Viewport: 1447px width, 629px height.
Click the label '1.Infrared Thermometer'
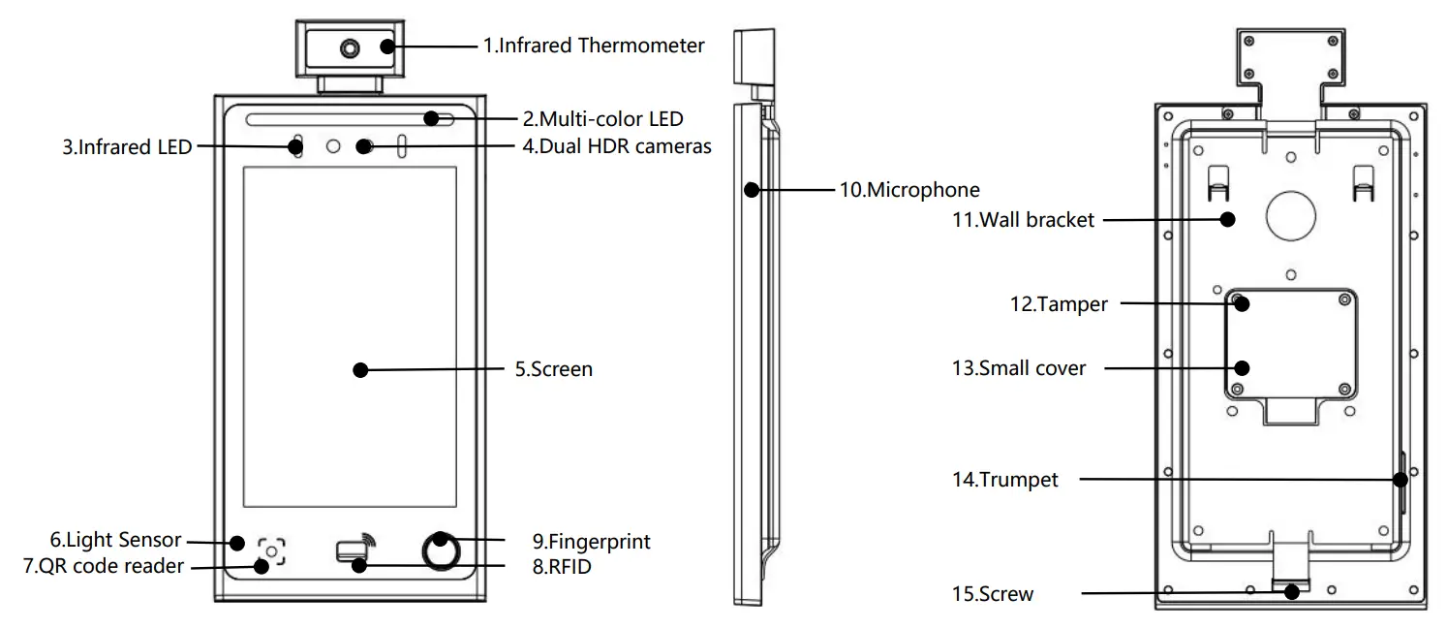tap(594, 45)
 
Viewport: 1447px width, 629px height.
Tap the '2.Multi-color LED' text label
tap(602, 119)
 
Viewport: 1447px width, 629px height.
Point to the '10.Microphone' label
tap(908, 190)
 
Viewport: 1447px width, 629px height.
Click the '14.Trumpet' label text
tap(1004, 479)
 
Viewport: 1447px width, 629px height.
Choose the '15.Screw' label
tap(992, 593)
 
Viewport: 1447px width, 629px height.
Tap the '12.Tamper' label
tap(1058, 304)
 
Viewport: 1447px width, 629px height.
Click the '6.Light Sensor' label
tap(115, 540)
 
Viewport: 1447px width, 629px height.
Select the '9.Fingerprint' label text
tap(591, 541)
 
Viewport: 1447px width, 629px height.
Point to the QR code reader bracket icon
tap(272, 551)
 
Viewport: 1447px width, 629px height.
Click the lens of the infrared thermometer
tap(347, 47)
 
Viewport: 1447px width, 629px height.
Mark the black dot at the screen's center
tap(360, 369)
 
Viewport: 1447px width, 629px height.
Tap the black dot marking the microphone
tap(751, 190)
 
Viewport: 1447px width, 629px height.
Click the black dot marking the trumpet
tap(1399, 479)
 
